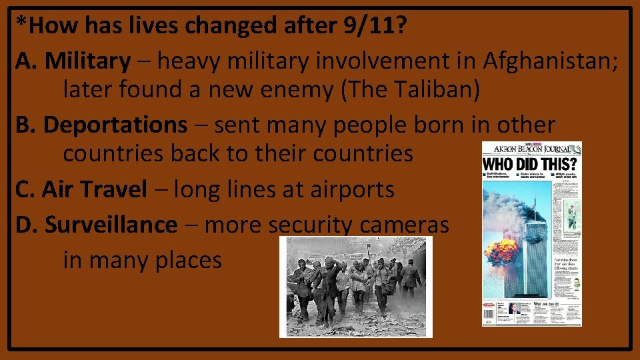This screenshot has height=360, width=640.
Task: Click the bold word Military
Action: [x=87, y=61]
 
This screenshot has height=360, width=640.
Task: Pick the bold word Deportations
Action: [x=115, y=125]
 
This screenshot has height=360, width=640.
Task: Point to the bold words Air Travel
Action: [x=94, y=189]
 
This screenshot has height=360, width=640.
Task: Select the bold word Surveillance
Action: [x=111, y=225]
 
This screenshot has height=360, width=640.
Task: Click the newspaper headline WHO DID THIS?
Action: [x=531, y=164]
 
